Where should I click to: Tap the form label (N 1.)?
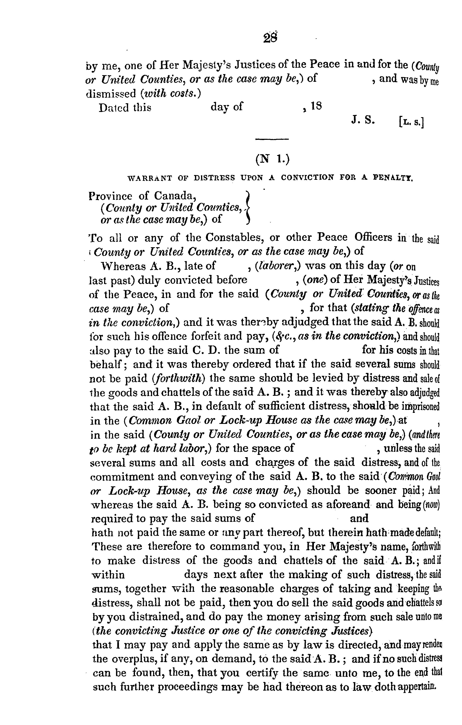click(272, 159)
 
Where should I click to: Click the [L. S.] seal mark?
click(411, 122)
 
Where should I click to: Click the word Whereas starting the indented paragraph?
click(123, 266)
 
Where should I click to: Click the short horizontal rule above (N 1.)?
click(272, 139)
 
